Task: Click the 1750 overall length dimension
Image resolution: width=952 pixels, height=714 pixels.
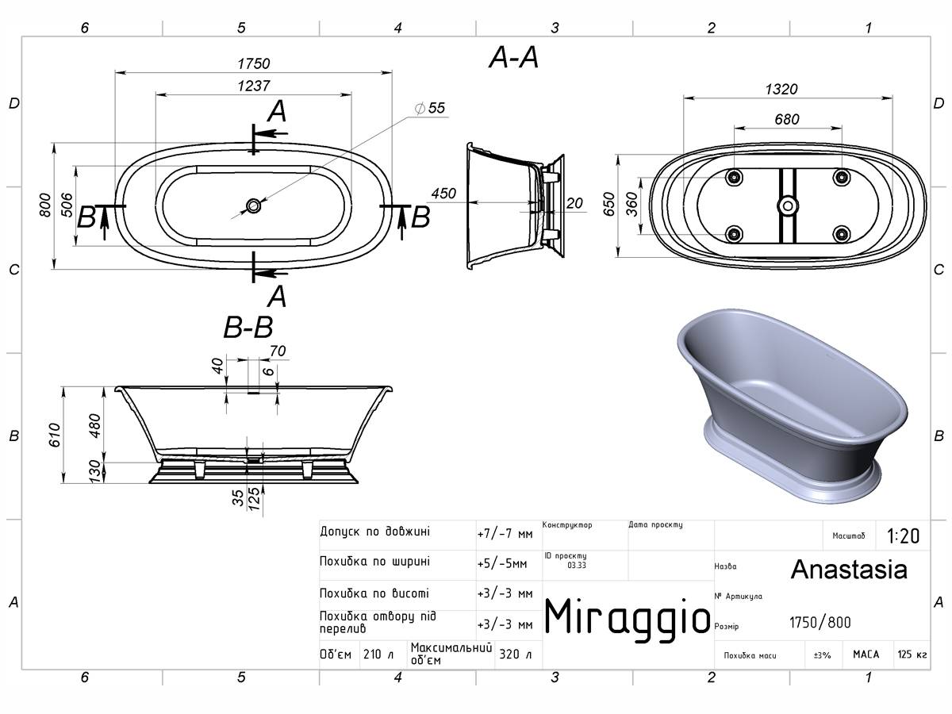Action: coord(254,63)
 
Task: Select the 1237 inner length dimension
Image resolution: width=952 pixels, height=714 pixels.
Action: coord(254,86)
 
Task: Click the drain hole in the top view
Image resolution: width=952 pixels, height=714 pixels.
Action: coord(253,205)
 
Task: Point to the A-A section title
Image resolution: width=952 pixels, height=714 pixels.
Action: coord(513,58)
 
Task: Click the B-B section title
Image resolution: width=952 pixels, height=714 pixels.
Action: coord(248,328)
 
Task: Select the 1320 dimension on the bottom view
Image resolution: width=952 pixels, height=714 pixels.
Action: coord(781,90)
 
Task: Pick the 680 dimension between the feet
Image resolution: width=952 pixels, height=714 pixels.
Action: coord(787,119)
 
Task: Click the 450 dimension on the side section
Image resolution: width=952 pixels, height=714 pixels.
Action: coord(443,194)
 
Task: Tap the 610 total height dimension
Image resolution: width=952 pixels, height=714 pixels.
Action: coord(54,435)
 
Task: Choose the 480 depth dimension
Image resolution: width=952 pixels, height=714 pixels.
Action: coord(94,425)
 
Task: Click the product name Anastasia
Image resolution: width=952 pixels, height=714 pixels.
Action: coord(849,570)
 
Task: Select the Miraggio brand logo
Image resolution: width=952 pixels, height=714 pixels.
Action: coord(628,616)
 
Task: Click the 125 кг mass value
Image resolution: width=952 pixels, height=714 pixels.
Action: coord(912,654)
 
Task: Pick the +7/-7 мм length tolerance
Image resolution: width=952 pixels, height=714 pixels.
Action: coord(505,534)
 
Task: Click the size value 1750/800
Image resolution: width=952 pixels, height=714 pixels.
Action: coord(820,623)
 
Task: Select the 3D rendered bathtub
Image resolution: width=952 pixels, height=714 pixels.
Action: coord(792,406)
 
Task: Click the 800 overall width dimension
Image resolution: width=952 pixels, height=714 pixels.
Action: coord(44,205)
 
